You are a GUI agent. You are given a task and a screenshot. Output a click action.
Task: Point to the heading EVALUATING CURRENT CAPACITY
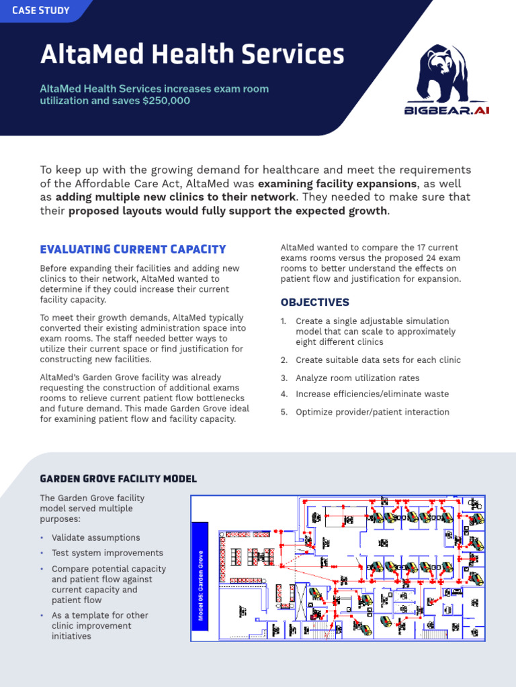point(133,250)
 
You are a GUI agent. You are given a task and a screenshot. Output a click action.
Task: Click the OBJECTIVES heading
point(314,302)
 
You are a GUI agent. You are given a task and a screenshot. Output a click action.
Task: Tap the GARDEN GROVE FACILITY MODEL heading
point(119,478)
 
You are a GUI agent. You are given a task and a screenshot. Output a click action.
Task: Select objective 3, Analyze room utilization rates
point(357,378)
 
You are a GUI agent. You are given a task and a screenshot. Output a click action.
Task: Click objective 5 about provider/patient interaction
point(372,412)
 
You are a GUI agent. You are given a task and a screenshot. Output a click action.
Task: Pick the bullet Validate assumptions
point(96,537)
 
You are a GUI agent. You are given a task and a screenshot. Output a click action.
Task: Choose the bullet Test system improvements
point(107,553)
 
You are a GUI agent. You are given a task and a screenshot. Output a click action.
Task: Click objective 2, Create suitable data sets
point(378,360)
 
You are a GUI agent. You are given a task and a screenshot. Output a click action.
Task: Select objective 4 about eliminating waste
point(372,394)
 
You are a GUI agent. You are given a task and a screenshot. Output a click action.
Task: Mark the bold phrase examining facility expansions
point(338,184)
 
